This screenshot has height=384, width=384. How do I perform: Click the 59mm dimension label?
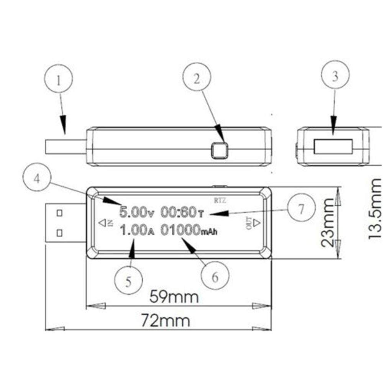[174, 297]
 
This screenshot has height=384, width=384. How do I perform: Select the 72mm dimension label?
[166, 321]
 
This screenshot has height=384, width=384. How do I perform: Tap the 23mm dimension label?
[328, 222]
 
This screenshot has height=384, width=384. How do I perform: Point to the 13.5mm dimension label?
[375, 208]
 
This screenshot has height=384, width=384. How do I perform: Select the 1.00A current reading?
[137, 230]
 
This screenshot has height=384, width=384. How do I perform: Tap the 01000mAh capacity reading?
[189, 230]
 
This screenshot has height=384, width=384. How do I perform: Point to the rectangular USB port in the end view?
[333, 146]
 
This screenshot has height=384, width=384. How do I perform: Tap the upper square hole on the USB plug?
[59, 213]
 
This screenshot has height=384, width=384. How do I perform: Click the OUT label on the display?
[249, 223]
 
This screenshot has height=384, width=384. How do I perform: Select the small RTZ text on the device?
[220, 200]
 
